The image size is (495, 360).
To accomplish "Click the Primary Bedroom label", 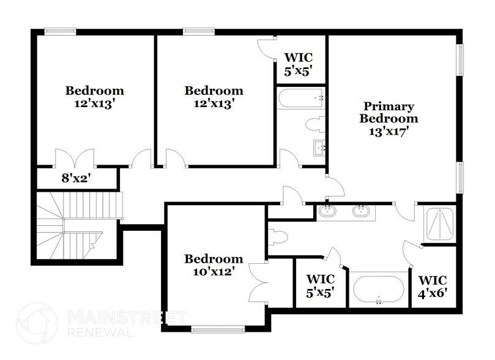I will [389, 113].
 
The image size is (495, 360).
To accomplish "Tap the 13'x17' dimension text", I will [389, 130].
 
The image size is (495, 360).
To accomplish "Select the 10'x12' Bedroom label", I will [214, 264].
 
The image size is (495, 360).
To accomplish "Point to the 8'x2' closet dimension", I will [76, 179].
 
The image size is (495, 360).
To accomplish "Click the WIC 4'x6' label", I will [433, 286].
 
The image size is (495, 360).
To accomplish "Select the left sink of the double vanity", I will [328, 212].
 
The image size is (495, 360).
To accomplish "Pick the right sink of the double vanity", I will [361, 212].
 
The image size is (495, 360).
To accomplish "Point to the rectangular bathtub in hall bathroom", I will [300, 98].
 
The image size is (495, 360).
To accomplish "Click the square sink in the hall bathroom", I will [319, 147].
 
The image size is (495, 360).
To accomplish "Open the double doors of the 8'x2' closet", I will [74, 158].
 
